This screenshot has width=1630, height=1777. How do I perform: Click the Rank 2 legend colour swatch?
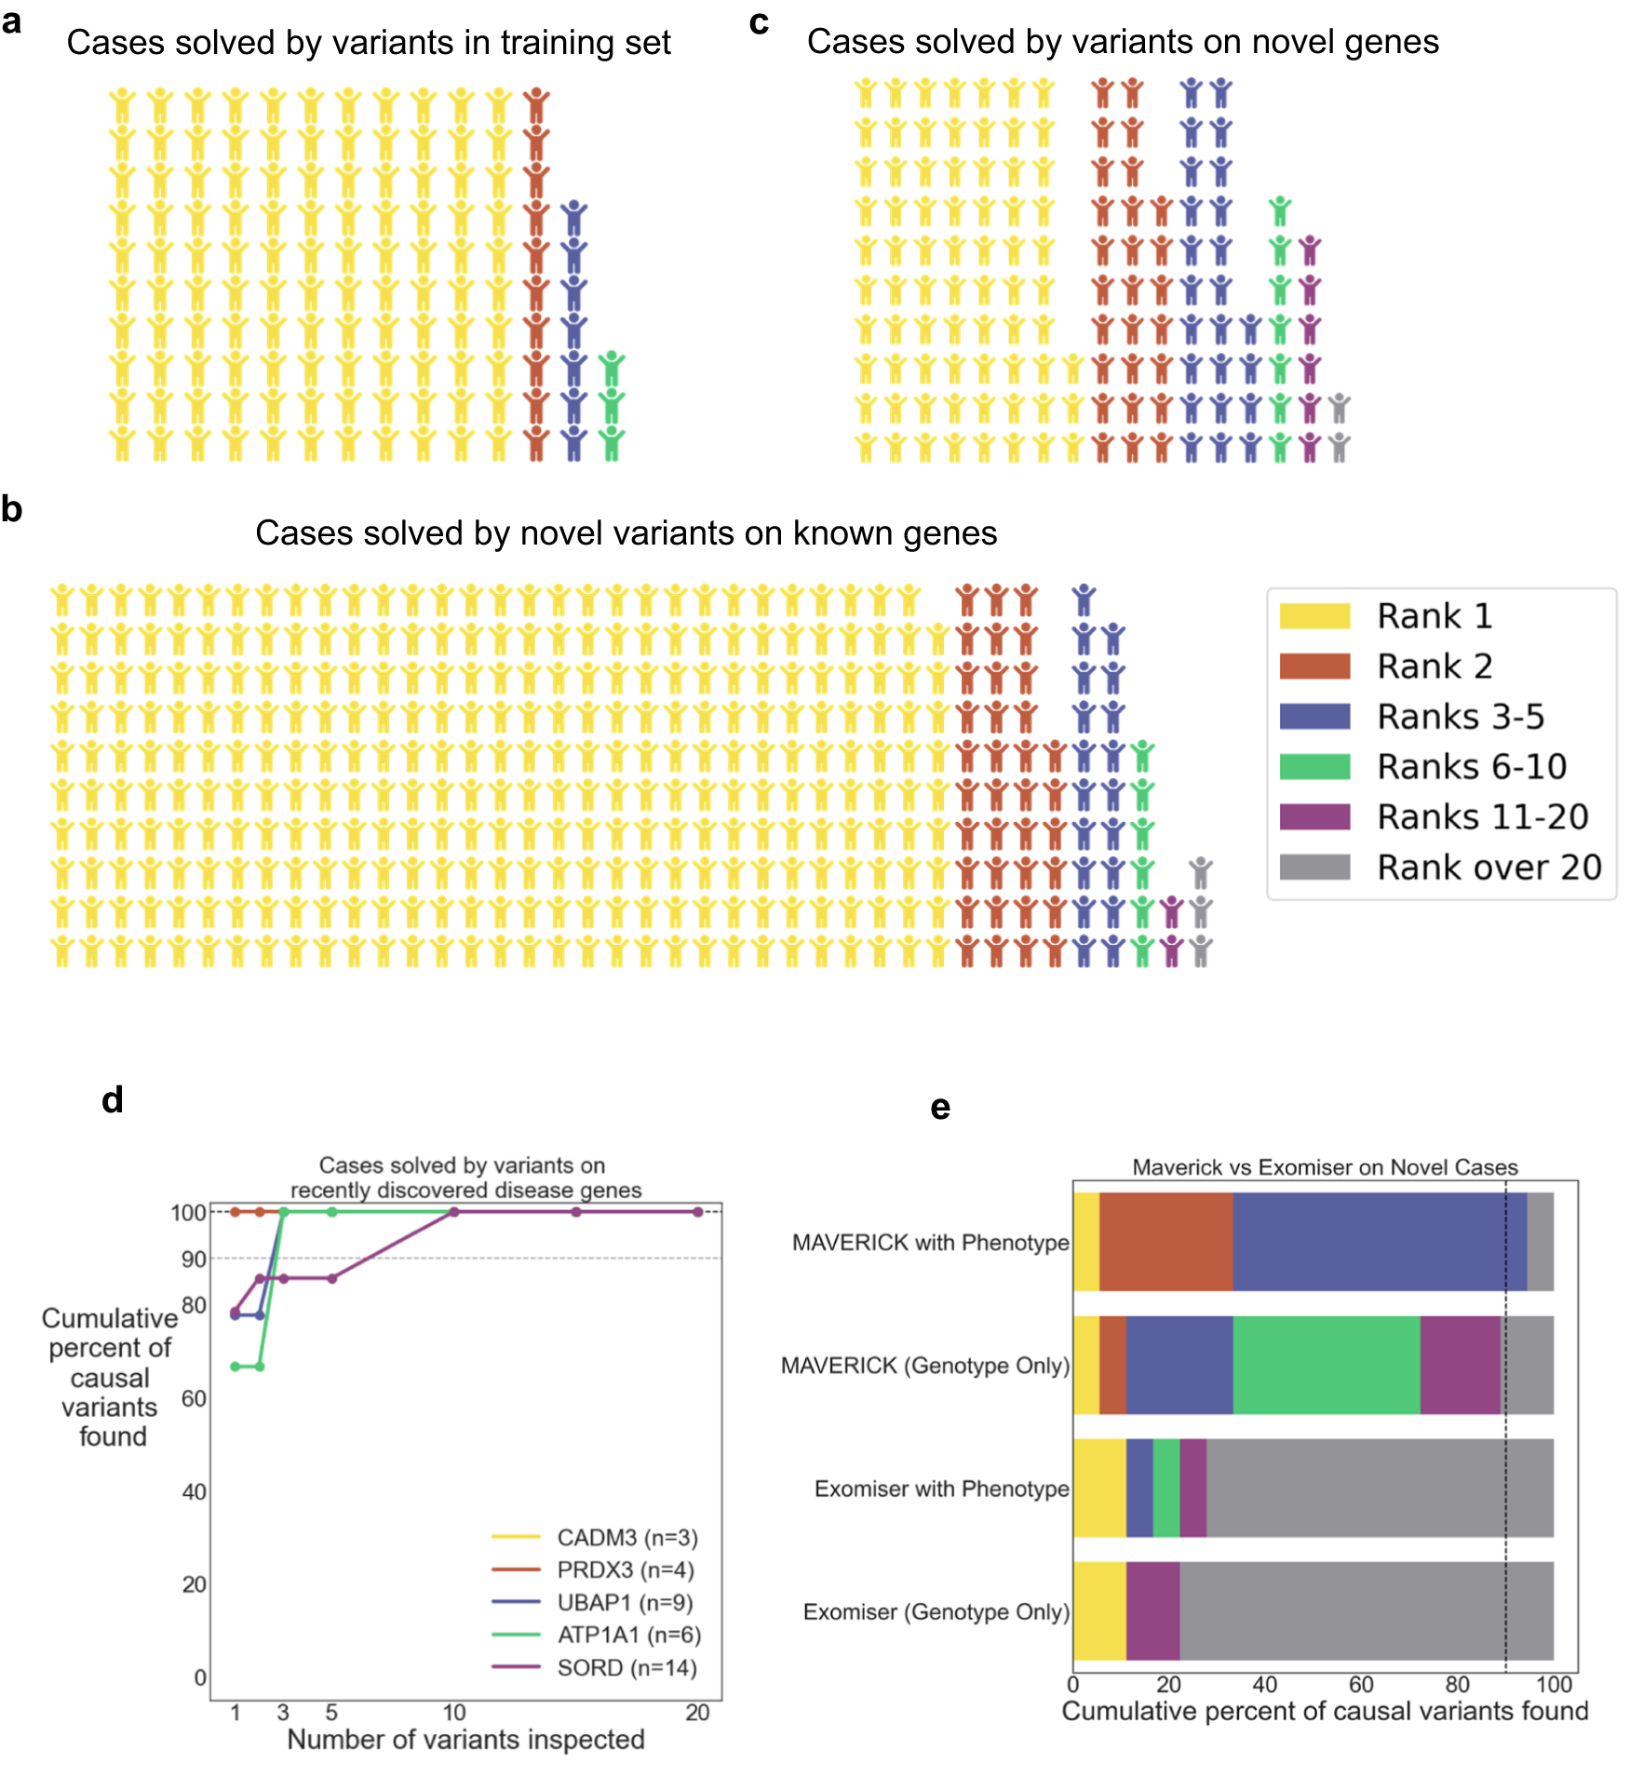(1313, 666)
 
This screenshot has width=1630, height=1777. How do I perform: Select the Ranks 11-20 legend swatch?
(1313, 816)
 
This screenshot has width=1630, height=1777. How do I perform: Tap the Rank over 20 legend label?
(1489, 867)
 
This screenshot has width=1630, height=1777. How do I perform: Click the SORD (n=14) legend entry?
(626, 1667)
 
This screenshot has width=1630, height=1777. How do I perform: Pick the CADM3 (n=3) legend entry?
(626, 1537)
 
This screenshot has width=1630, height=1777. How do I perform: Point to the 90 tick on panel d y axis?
(194, 1259)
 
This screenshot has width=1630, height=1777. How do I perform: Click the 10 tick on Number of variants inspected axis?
(453, 1712)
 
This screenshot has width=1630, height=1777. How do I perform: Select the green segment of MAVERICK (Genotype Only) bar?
(1327, 1365)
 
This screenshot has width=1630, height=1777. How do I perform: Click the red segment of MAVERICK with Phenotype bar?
(1165, 1242)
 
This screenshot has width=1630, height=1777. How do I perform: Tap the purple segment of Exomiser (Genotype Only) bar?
(1152, 1610)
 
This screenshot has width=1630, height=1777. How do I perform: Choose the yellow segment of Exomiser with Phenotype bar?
(1099, 1488)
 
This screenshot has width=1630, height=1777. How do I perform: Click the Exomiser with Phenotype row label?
(941, 1488)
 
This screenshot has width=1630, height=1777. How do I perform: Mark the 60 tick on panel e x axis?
(1361, 1684)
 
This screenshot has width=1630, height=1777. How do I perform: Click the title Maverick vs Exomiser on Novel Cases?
(1325, 1166)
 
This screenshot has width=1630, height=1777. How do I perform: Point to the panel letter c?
(759, 22)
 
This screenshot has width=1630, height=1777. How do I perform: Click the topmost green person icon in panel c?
(1280, 211)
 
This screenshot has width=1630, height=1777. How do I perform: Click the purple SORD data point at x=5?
(331, 1278)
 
